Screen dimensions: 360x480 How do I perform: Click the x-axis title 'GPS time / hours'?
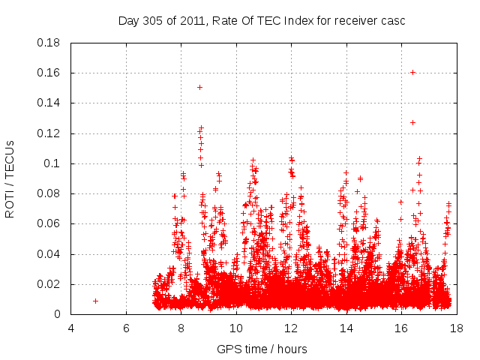click(262, 349)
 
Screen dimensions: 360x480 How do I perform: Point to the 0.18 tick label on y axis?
click(49, 43)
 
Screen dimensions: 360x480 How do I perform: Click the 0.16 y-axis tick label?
click(49, 73)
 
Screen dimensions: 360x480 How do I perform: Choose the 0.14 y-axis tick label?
click(49, 103)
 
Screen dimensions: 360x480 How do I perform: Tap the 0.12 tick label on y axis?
click(49, 133)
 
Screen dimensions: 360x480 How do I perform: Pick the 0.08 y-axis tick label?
click(49, 193)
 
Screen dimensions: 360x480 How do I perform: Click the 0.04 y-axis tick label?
click(49, 254)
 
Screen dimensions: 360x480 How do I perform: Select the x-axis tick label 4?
click(71, 328)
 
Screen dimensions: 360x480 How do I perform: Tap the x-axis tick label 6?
click(126, 328)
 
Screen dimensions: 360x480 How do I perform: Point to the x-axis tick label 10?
click(236, 328)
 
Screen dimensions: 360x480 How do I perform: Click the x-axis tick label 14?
click(346, 328)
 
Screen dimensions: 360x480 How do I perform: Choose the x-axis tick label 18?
click(456, 328)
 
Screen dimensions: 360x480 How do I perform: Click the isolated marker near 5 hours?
click(95, 301)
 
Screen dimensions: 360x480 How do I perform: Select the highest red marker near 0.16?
click(413, 72)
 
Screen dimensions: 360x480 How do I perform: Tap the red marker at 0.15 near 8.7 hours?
click(199, 87)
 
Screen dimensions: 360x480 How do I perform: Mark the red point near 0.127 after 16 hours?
click(412, 122)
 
